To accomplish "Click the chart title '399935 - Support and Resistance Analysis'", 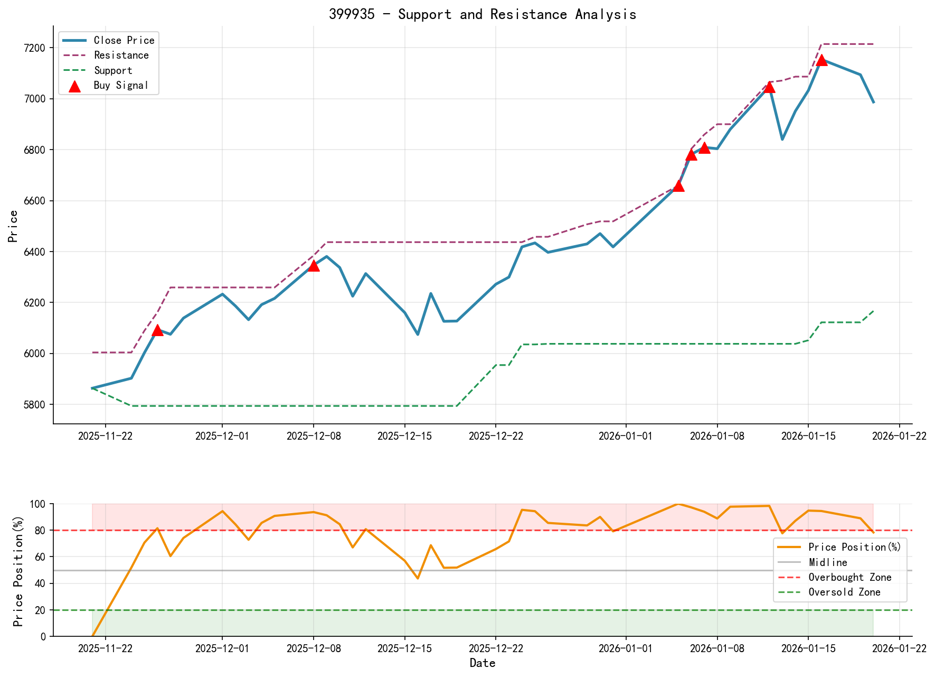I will [483, 14].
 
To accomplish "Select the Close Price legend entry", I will [124, 40].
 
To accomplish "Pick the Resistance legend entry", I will [121, 55].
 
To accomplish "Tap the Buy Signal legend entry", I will [121, 86].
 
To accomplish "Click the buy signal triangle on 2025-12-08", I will [314, 265].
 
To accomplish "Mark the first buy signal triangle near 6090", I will [157, 330].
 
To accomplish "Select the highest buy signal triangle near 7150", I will [821, 60].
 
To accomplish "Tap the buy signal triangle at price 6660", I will [679, 186].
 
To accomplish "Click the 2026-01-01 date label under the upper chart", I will [626, 436].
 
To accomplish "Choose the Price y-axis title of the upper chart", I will [13, 226].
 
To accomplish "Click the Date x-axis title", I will [483, 663].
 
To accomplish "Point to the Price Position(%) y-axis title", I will [18, 570].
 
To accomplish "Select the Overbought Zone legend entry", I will [849, 578].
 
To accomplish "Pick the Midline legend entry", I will [828, 563].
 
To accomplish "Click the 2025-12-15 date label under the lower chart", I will [404, 648].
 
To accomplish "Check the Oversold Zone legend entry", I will [844, 592].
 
